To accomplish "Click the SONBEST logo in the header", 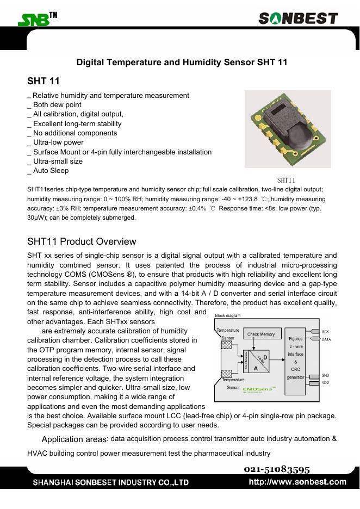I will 298,19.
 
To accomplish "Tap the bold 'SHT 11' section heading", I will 44,82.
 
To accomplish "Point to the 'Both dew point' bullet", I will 55,105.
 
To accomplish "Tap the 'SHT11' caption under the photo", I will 286,180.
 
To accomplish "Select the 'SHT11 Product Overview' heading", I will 82,241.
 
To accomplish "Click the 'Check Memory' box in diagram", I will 261,334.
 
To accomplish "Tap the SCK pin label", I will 325,331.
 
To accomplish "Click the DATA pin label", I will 326,339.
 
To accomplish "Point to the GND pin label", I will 325,375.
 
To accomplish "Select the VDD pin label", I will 325,382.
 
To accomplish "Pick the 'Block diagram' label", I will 228,315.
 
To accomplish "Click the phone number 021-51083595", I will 277,469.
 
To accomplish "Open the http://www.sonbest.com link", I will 297,482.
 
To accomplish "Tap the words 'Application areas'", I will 74,439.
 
